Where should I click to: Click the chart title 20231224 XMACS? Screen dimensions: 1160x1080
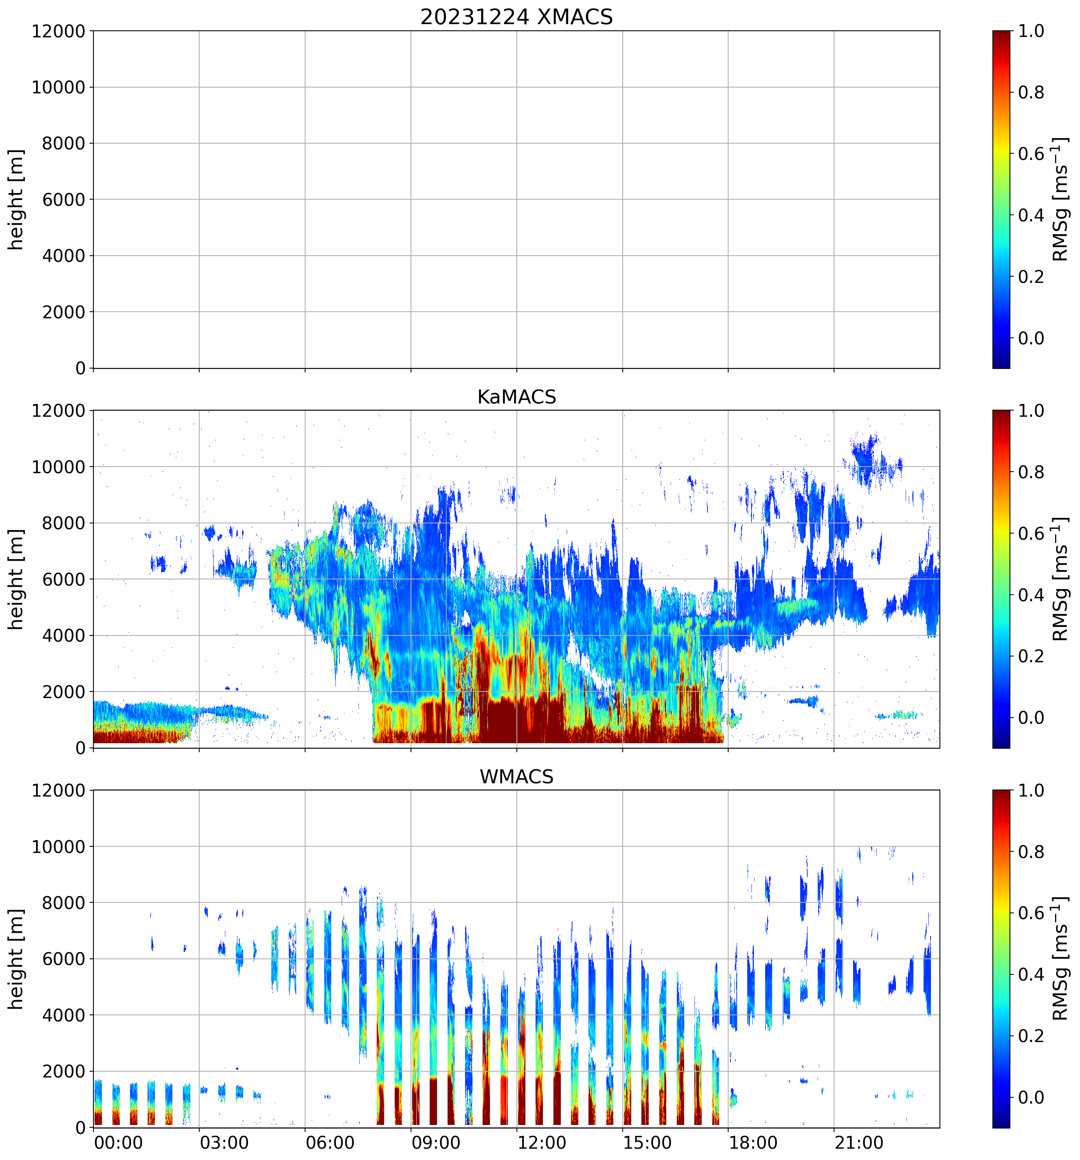[516, 17]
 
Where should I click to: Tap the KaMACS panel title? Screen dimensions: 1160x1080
[516, 397]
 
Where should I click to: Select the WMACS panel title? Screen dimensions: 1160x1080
[516, 777]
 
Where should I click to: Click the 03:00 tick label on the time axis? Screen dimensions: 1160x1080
[224, 1142]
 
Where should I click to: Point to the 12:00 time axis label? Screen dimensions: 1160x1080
[541, 1142]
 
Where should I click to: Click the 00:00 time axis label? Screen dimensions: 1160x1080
[118, 1142]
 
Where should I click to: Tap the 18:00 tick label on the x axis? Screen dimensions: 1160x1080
[753, 1142]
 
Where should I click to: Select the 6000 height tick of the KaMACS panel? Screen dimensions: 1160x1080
[63, 579]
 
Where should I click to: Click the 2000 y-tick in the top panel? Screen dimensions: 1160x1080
[63, 312]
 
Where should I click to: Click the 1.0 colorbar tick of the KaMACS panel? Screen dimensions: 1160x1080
[1031, 411]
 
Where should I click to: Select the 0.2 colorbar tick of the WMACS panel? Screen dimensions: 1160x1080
[1031, 1036]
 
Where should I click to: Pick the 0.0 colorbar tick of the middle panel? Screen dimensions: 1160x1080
[1031, 718]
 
